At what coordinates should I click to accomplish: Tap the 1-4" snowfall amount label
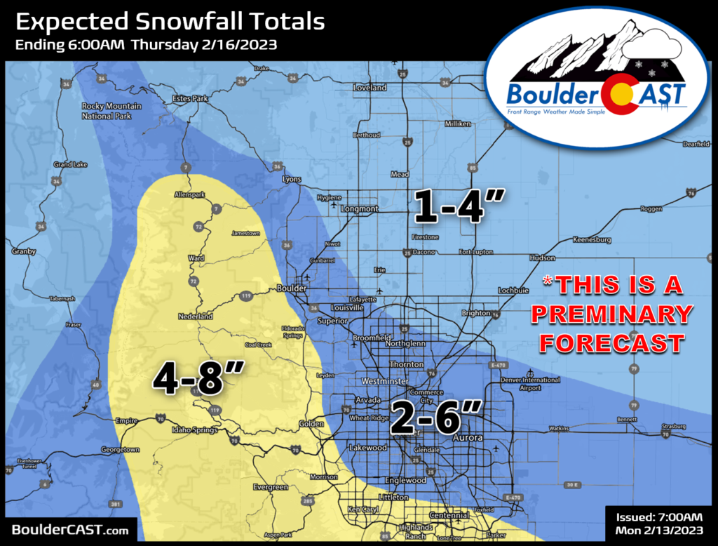coord(458,206)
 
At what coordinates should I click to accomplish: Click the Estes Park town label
coord(190,99)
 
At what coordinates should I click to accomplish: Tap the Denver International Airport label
coord(540,383)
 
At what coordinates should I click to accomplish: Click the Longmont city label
coord(359,208)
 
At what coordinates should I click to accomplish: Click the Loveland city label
coord(370,88)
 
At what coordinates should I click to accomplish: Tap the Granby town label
coord(24,251)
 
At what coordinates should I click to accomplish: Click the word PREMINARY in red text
coord(611,314)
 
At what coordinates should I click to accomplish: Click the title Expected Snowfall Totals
coord(170,22)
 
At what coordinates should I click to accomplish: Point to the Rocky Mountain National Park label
coord(111,110)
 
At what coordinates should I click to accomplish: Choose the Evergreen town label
coord(271,487)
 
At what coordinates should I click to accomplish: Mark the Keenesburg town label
coord(591,239)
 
